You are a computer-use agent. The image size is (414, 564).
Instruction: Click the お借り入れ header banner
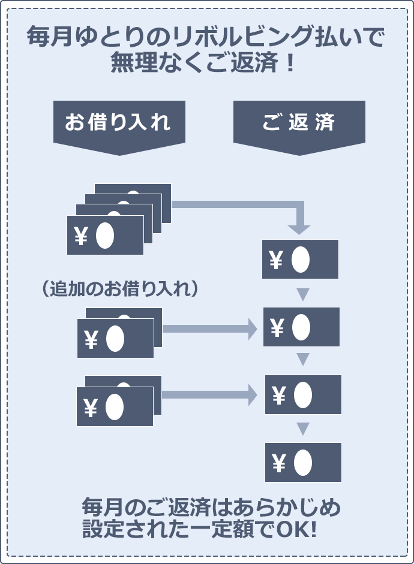[118, 123]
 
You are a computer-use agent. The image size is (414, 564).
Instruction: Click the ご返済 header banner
[299, 123]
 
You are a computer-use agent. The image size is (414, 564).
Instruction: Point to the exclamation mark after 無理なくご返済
[290, 63]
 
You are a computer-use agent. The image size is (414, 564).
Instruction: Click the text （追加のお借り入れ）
[121, 289]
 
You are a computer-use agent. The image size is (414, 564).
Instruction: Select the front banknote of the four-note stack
[105, 236]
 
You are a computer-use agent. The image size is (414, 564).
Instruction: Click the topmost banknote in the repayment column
[300, 260]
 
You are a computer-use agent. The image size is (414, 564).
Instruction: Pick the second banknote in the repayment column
[301, 327]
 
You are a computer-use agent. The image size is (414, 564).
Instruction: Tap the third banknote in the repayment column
[303, 395]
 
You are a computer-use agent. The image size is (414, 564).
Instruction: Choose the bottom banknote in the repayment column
[303, 462]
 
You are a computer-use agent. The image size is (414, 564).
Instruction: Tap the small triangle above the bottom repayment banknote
[303, 429]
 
